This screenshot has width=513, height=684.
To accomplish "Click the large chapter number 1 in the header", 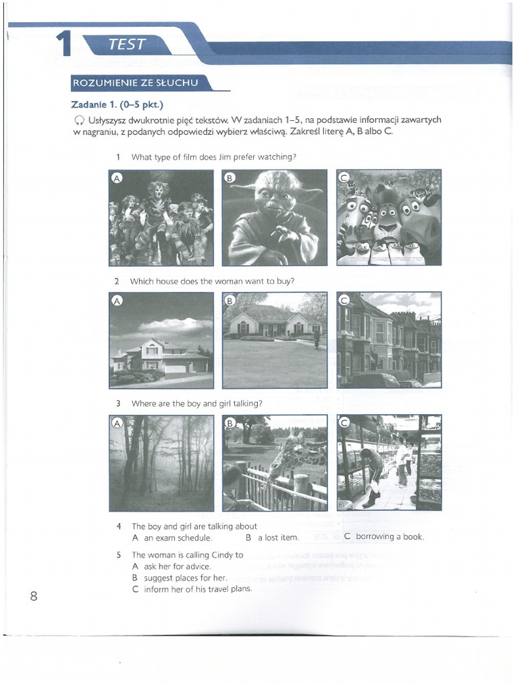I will (63, 44).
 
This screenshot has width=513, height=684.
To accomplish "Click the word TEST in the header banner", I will (126, 45).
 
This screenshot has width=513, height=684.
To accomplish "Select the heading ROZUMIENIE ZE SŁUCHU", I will (136, 83).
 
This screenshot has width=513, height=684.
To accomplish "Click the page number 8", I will (33, 596).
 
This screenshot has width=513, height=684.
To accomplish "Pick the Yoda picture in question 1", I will (275, 217).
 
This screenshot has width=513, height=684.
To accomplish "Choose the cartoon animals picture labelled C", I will (388, 217).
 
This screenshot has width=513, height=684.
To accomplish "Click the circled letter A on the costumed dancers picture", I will (117, 178).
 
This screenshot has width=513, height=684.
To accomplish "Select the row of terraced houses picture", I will (388, 339).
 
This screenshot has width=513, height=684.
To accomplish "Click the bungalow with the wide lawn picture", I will (275, 339).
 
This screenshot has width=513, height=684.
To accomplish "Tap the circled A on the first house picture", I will (117, 301).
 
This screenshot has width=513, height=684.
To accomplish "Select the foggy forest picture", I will (161, 462).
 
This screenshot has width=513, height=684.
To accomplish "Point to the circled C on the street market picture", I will (345, 423).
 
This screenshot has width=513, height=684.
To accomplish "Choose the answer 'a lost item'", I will (278, 538).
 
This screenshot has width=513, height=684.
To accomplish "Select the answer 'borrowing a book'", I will (389, 536).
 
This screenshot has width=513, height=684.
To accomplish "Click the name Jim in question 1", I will (223, 157).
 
